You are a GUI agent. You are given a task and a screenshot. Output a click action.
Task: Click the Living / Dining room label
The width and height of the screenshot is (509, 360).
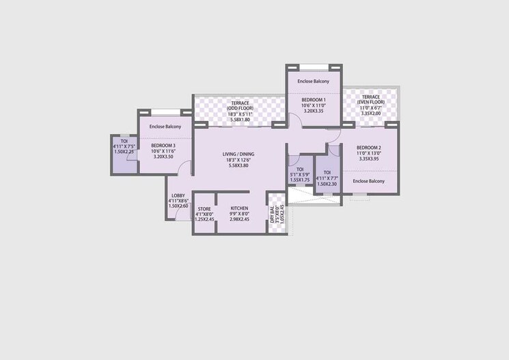[238, 154]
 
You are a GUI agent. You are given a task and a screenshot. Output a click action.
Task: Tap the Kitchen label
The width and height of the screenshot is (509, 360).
[238, 208]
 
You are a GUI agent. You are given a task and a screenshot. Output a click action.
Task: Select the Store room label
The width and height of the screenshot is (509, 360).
[204, 208]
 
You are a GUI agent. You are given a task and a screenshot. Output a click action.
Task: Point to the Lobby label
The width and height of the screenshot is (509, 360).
[178, 196]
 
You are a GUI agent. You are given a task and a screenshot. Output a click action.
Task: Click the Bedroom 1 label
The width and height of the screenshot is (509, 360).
[314, 100]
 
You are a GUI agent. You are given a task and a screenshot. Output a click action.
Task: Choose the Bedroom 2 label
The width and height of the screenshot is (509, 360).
[368, 148]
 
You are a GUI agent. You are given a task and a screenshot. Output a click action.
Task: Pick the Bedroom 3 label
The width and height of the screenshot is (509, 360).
[163, 146]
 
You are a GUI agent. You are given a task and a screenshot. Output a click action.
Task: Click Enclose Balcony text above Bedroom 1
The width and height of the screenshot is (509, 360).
[314, 81]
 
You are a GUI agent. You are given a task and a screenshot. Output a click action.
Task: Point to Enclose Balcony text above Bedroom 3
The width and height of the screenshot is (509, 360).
[165, 126]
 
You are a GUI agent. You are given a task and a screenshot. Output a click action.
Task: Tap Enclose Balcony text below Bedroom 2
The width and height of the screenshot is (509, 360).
[368, 181]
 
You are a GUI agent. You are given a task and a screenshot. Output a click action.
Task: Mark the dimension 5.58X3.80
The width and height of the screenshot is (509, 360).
[238, 166]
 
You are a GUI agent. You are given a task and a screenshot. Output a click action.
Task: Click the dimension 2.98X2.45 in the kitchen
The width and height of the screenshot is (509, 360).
[238, 219]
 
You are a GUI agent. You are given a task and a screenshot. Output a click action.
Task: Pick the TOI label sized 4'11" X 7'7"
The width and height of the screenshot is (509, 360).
[327, 172]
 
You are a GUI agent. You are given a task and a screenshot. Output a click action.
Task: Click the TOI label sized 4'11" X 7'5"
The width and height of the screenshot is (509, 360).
[124, 141]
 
